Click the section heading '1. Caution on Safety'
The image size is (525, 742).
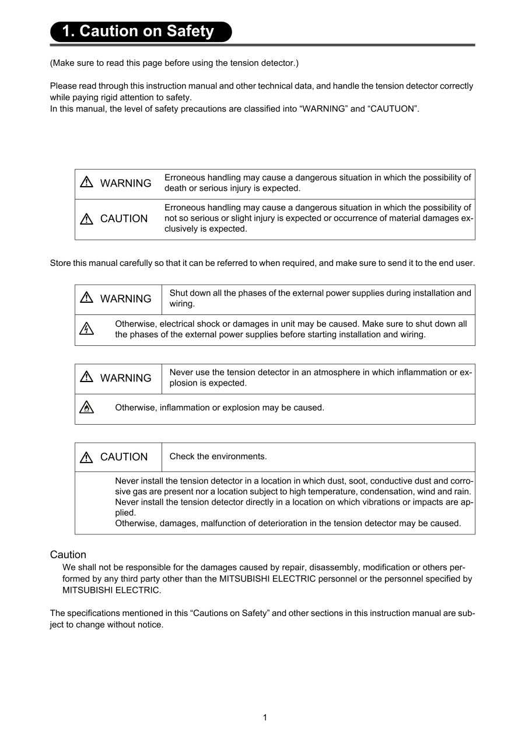click(138, 32)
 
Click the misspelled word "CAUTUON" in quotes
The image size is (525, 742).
click(393, 108)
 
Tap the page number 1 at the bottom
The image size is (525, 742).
click(265, 717)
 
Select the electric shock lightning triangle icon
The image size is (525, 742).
click(86, 329)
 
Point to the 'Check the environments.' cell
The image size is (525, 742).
click(218, 457)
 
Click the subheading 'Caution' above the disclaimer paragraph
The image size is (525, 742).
click(68, 555)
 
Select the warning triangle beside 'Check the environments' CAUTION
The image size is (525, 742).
click(86, 457)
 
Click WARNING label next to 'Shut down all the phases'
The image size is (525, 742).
click(125, 299)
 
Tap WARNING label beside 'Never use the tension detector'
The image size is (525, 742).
click(125, 378)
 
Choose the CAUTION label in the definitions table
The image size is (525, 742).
click(124, 219)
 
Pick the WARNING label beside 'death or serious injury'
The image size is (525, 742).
click(125, 183)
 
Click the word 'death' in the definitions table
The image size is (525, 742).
click(176, 188)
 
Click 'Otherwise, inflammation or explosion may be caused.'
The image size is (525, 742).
click(219, 408)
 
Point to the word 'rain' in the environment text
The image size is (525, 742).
click(463, 492)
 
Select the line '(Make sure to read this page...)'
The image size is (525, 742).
click(174, 62)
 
